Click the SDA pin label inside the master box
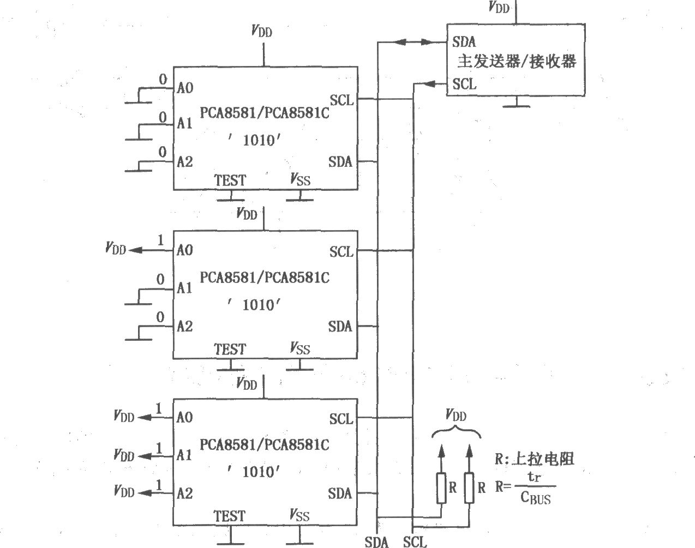464,42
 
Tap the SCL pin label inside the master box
464,84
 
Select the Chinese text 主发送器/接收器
517,62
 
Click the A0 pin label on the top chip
185,88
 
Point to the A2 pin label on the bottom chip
184,493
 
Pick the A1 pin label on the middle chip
184,288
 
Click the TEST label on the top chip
230,180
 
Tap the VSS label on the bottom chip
299,515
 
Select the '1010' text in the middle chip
254,305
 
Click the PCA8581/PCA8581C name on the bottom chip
265,444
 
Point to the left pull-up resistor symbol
441,488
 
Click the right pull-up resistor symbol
469,488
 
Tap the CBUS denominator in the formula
536,498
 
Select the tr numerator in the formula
534,477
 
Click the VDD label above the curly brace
456,415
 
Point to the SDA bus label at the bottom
376,542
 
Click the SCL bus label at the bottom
415,542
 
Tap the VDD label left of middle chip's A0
115,248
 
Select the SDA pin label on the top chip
340,162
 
